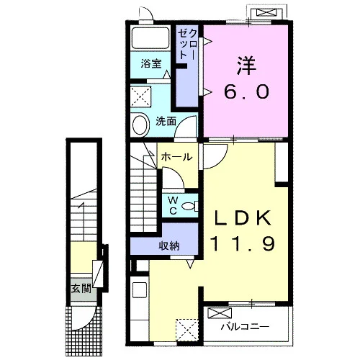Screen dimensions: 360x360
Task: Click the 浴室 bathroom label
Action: point(151,63)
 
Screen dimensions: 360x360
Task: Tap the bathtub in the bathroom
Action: point(150,38)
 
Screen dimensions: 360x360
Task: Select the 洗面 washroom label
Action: point(166,121)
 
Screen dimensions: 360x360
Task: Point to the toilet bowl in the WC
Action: point(190,206)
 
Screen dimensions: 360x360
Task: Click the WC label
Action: point(173,205)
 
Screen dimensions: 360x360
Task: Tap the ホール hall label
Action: point(177,157)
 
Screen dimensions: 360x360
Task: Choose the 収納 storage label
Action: point(169,246)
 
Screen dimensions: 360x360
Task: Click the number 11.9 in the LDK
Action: point(243,243)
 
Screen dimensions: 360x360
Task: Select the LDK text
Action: point(243,217)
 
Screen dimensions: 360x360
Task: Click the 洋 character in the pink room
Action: point(246,66)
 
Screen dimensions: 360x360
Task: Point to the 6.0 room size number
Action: point(246,91)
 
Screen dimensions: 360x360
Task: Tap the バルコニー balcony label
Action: point(245,326)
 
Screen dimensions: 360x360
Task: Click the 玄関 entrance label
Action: point(81,288)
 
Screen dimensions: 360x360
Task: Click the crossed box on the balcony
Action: point(220,313)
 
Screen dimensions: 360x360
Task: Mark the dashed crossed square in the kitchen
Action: point(187,330)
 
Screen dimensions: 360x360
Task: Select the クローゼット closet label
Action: point(188,45)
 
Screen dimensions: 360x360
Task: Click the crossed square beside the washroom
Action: point(141,96)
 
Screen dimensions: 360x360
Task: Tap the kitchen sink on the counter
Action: point(140,290)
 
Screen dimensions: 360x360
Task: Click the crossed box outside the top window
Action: point(266,12)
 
